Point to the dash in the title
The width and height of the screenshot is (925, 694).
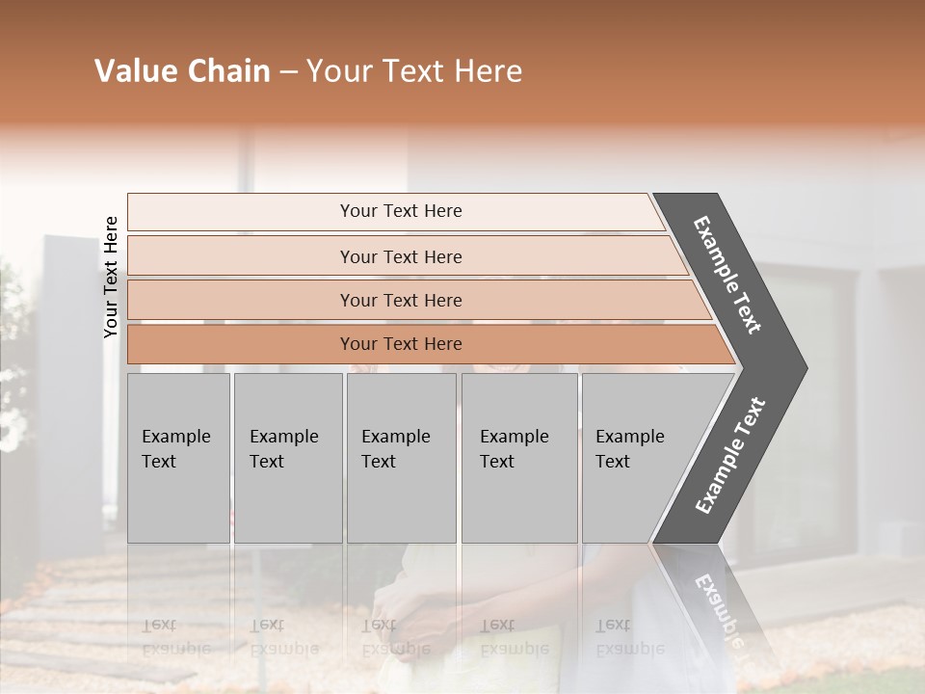coord(288,72)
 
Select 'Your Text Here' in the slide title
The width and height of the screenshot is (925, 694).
coord(414,71)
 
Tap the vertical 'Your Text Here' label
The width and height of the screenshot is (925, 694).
coord(111,278)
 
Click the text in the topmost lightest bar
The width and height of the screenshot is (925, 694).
coord(401,211)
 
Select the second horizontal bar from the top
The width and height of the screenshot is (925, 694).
coord(401,256)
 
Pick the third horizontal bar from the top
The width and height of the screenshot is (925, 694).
coord(401,301)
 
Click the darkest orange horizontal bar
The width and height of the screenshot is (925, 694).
coord(401,344)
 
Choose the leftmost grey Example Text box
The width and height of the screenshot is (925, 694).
coord(178,458)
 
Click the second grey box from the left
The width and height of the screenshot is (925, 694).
coord(287,458)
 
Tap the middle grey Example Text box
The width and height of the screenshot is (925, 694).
coord(401,458)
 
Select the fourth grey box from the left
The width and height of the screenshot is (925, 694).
coord(518,458)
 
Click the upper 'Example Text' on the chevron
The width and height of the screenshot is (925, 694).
coord(728,275)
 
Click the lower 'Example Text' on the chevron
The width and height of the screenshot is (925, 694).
coord(730,455)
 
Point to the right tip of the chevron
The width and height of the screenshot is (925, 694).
coord(805,367)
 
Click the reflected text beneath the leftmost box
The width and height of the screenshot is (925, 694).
coord(175,636)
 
